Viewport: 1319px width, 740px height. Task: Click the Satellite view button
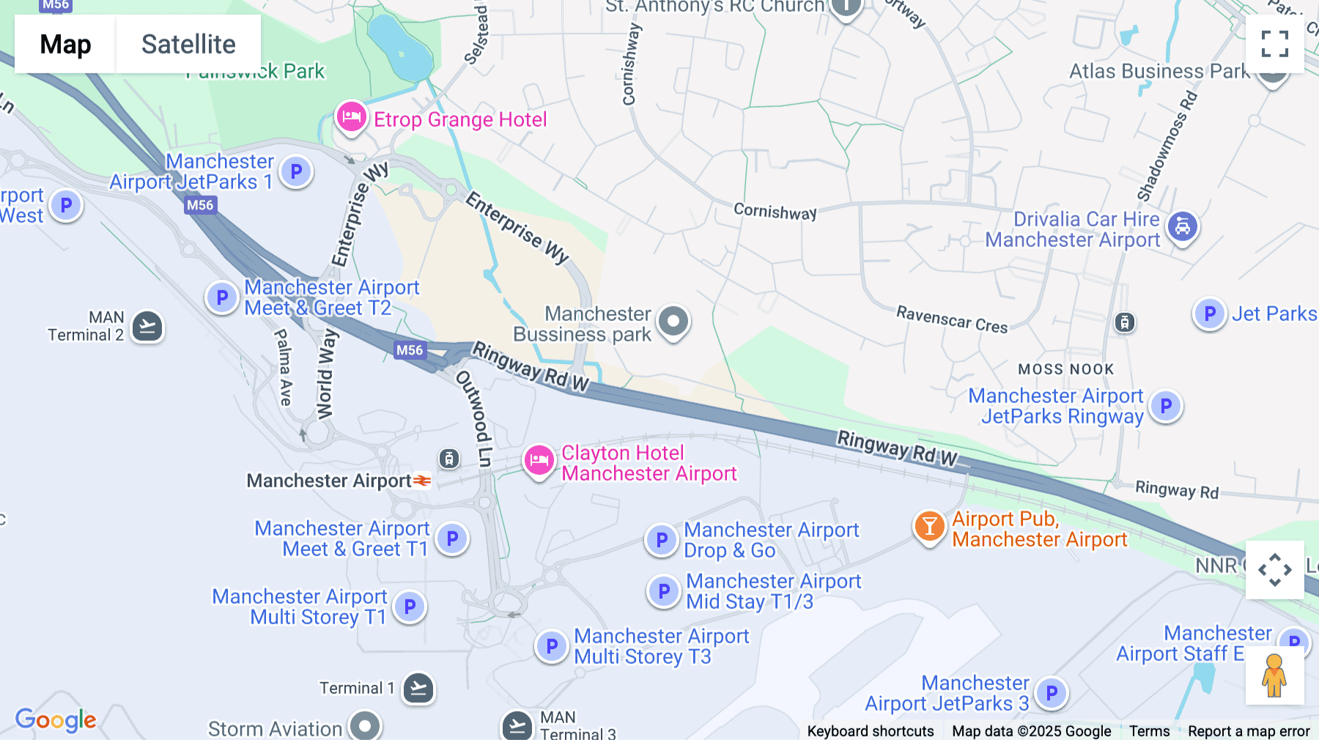point(188,44)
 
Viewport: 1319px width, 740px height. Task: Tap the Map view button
point(65,44)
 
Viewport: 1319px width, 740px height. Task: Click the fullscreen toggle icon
point(1274,44)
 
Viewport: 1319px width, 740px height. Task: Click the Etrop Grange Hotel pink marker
point(351,117)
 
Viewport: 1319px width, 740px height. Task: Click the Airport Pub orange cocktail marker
point(929,527)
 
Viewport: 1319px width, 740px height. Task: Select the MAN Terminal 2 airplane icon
point(147,326)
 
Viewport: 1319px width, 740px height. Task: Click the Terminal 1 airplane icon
point(419,688)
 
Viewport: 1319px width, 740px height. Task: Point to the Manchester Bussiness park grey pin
point(673,322)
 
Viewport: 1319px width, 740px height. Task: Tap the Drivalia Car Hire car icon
point(1182,227)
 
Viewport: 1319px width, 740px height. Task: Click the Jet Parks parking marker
point(1210,314)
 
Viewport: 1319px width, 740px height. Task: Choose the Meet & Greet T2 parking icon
point(222,297)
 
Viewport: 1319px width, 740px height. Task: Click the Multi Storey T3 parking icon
point(552,646)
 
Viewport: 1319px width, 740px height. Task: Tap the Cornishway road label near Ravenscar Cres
point(775,212)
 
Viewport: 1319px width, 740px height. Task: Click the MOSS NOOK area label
point(1065,369)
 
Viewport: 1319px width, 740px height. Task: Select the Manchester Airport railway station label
point(329,481)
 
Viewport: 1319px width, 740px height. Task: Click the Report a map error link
point(1249,731)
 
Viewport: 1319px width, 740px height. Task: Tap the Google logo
point(56,719)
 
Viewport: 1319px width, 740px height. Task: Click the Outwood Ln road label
point(476,418)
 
